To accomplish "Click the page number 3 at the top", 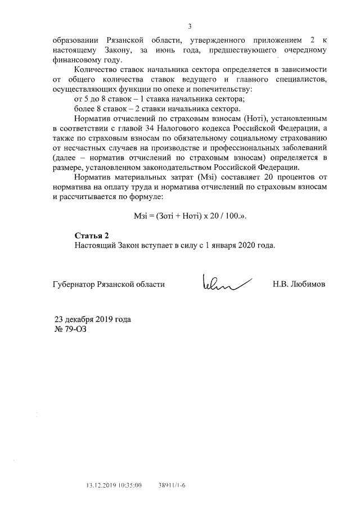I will point(190,26).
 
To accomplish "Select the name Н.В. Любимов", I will point(298,284).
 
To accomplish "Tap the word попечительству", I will point(223,89).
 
